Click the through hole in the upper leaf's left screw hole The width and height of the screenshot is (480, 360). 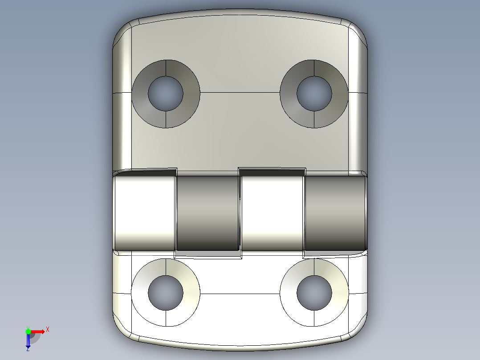[x=166, y=94]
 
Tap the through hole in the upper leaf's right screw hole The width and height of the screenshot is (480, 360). [x=314, y=94]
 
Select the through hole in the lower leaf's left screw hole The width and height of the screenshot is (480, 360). [x=166, y=293]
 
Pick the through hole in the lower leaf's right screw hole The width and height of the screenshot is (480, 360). [x=314, y=293]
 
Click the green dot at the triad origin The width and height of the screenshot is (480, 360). [x=28, y=331]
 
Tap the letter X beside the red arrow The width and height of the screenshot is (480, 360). [x=48, y=330]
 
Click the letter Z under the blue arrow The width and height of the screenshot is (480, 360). [x=28, y=350]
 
